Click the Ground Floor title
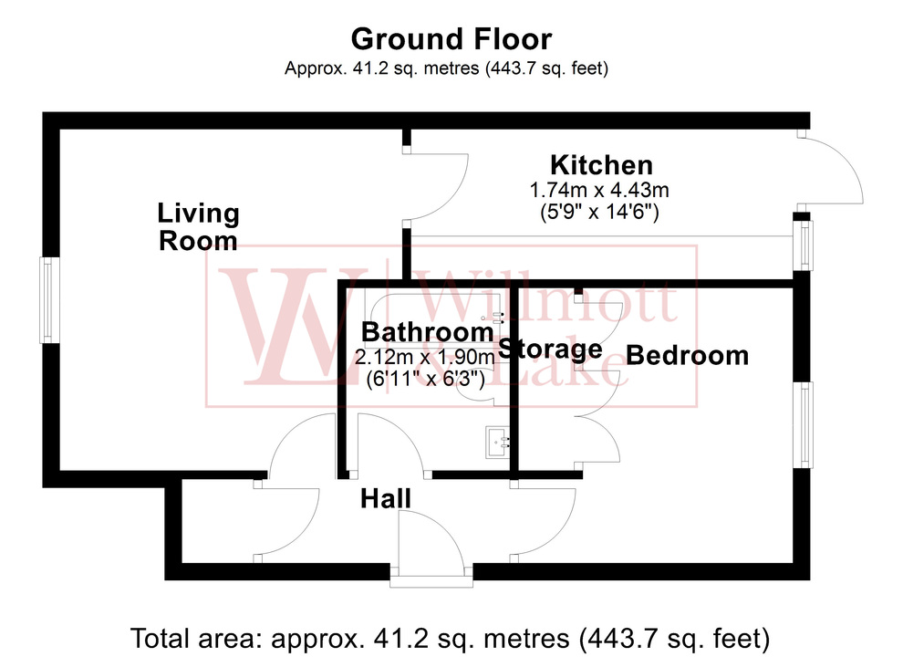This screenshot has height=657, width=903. pos(451,39)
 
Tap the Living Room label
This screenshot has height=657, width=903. pos(198,227)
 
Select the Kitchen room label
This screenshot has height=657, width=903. pos(601,165)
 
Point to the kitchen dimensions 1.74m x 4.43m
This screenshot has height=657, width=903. pos(600,191)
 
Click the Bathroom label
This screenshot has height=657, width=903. pos(427,332)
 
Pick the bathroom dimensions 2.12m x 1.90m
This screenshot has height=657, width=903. pos(427,355)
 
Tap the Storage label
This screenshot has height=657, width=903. pos(550,349)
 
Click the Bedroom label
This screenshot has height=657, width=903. pos(688,355)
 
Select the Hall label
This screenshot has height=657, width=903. pos(385,498)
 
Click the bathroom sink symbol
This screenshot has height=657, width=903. pos(498,443)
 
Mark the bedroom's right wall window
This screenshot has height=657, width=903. pos(804,423)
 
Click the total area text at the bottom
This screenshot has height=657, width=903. pos(451,636)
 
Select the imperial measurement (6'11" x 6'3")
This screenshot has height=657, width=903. pos(427,376)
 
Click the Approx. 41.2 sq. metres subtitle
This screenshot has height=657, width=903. pos(446,68)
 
